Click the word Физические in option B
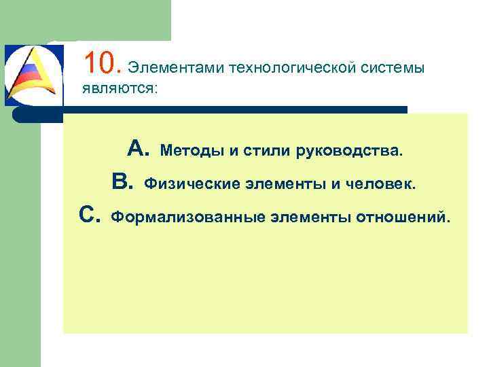pos(186,183)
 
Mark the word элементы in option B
pos(272,183)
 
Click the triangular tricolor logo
pos(34,75)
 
